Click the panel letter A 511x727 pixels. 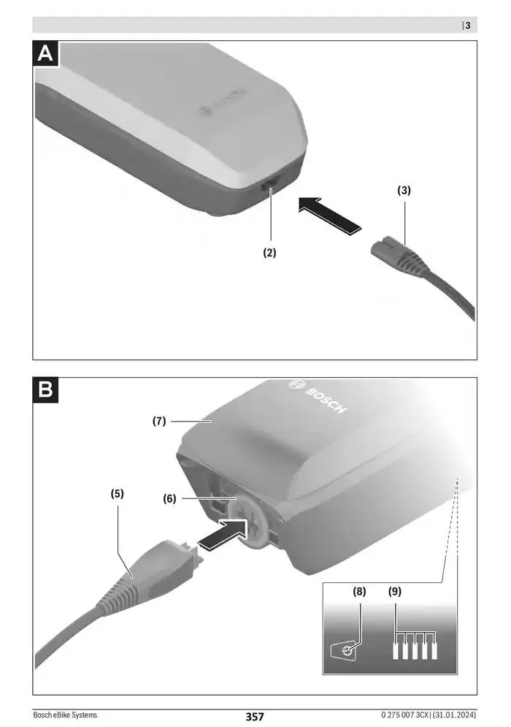(x=45, y=54)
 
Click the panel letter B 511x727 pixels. (x=45, y=390)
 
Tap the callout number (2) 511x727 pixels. (x=269, y=252)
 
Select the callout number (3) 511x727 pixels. (x=404, y=190)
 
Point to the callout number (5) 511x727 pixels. (x=118, y=494)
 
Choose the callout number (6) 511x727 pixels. (x=169, y=499)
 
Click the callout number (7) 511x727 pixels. (x=159, y=421)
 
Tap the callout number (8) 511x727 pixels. (x=359, y=592)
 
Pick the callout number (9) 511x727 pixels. (x=395, y=592)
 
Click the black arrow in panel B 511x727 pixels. (x=223, y=535)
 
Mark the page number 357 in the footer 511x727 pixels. (x=255, y=717)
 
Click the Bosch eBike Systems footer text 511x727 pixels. (x=65, y=715)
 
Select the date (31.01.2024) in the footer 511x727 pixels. (x=455, y=715)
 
